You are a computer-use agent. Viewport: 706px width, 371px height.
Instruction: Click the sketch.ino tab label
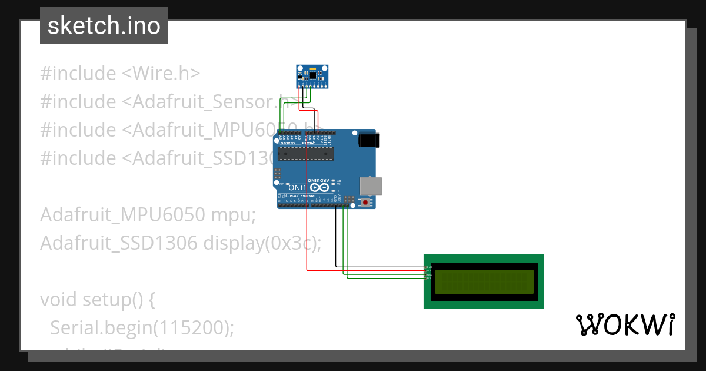[104, 26]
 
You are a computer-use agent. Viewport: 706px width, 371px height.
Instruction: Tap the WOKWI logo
[625, 325]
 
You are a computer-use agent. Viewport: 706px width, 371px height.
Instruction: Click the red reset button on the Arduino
[366, 203]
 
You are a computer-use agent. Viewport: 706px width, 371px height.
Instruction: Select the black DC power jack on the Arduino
[369, 140]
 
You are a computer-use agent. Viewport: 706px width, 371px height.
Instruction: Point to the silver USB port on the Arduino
[370, 185]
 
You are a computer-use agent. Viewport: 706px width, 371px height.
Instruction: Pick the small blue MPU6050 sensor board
[312, 76]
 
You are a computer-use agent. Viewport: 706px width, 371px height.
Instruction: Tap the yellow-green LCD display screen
[484, 281]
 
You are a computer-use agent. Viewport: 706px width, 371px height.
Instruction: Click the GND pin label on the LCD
[429, 267]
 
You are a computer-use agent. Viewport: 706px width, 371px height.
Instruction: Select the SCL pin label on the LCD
[429, 278]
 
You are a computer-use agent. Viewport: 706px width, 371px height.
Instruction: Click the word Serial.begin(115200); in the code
[142, 327]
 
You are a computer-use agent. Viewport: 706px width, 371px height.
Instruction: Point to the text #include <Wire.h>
[120, 74]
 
